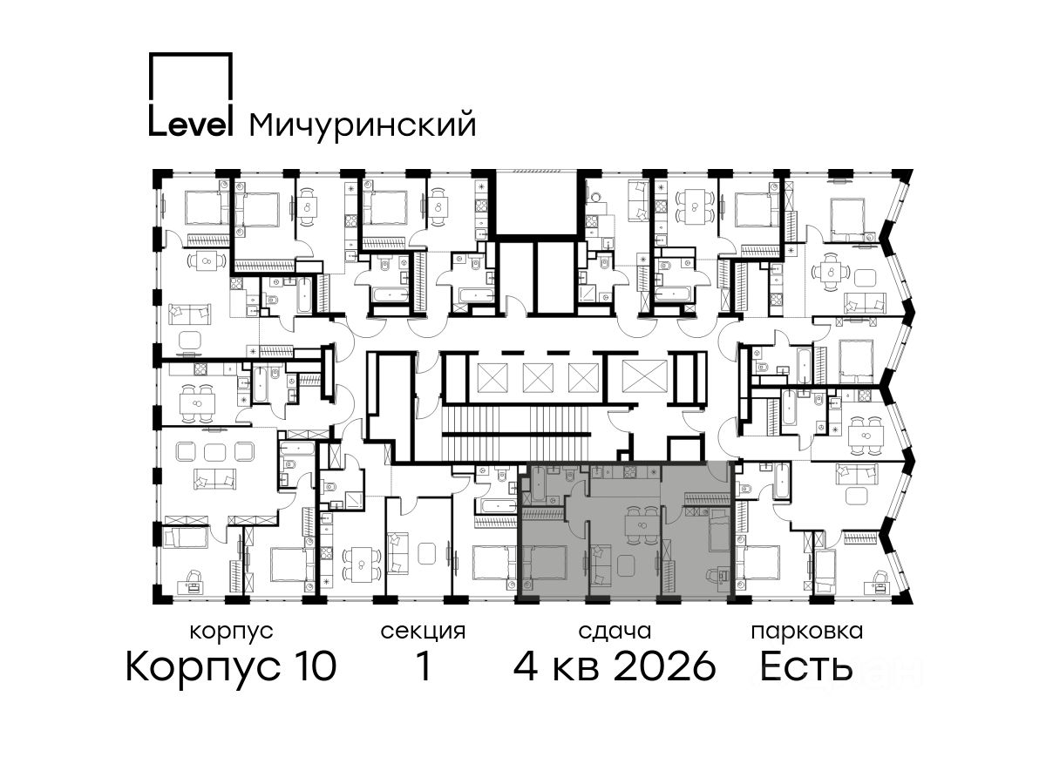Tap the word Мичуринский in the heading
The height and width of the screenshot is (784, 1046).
[363, 125]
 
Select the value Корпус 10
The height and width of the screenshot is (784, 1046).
[231, 666]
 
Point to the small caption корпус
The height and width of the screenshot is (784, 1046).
[232, 632]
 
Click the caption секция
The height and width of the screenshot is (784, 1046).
[423, 632]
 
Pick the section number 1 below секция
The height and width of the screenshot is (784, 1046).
[423, 666]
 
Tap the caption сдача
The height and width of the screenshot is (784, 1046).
[615, 632]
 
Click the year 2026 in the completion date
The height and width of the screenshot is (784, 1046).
[665, 666]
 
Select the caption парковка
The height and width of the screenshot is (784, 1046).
[807, 632]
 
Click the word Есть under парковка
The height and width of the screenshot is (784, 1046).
[805, 666]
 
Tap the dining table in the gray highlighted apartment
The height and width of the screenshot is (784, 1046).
[642, 525]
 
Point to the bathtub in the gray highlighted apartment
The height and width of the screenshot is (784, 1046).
[538, 484]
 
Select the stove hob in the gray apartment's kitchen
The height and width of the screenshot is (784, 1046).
[629, 473]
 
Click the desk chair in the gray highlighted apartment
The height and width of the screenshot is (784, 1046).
[712, 576]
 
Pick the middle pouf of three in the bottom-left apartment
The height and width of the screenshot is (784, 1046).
[215, 450]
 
